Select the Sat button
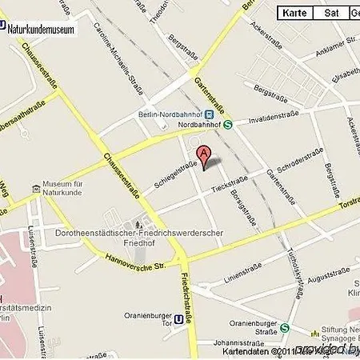[x=330, y=13]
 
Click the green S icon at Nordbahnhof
[x=228, y=124]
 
